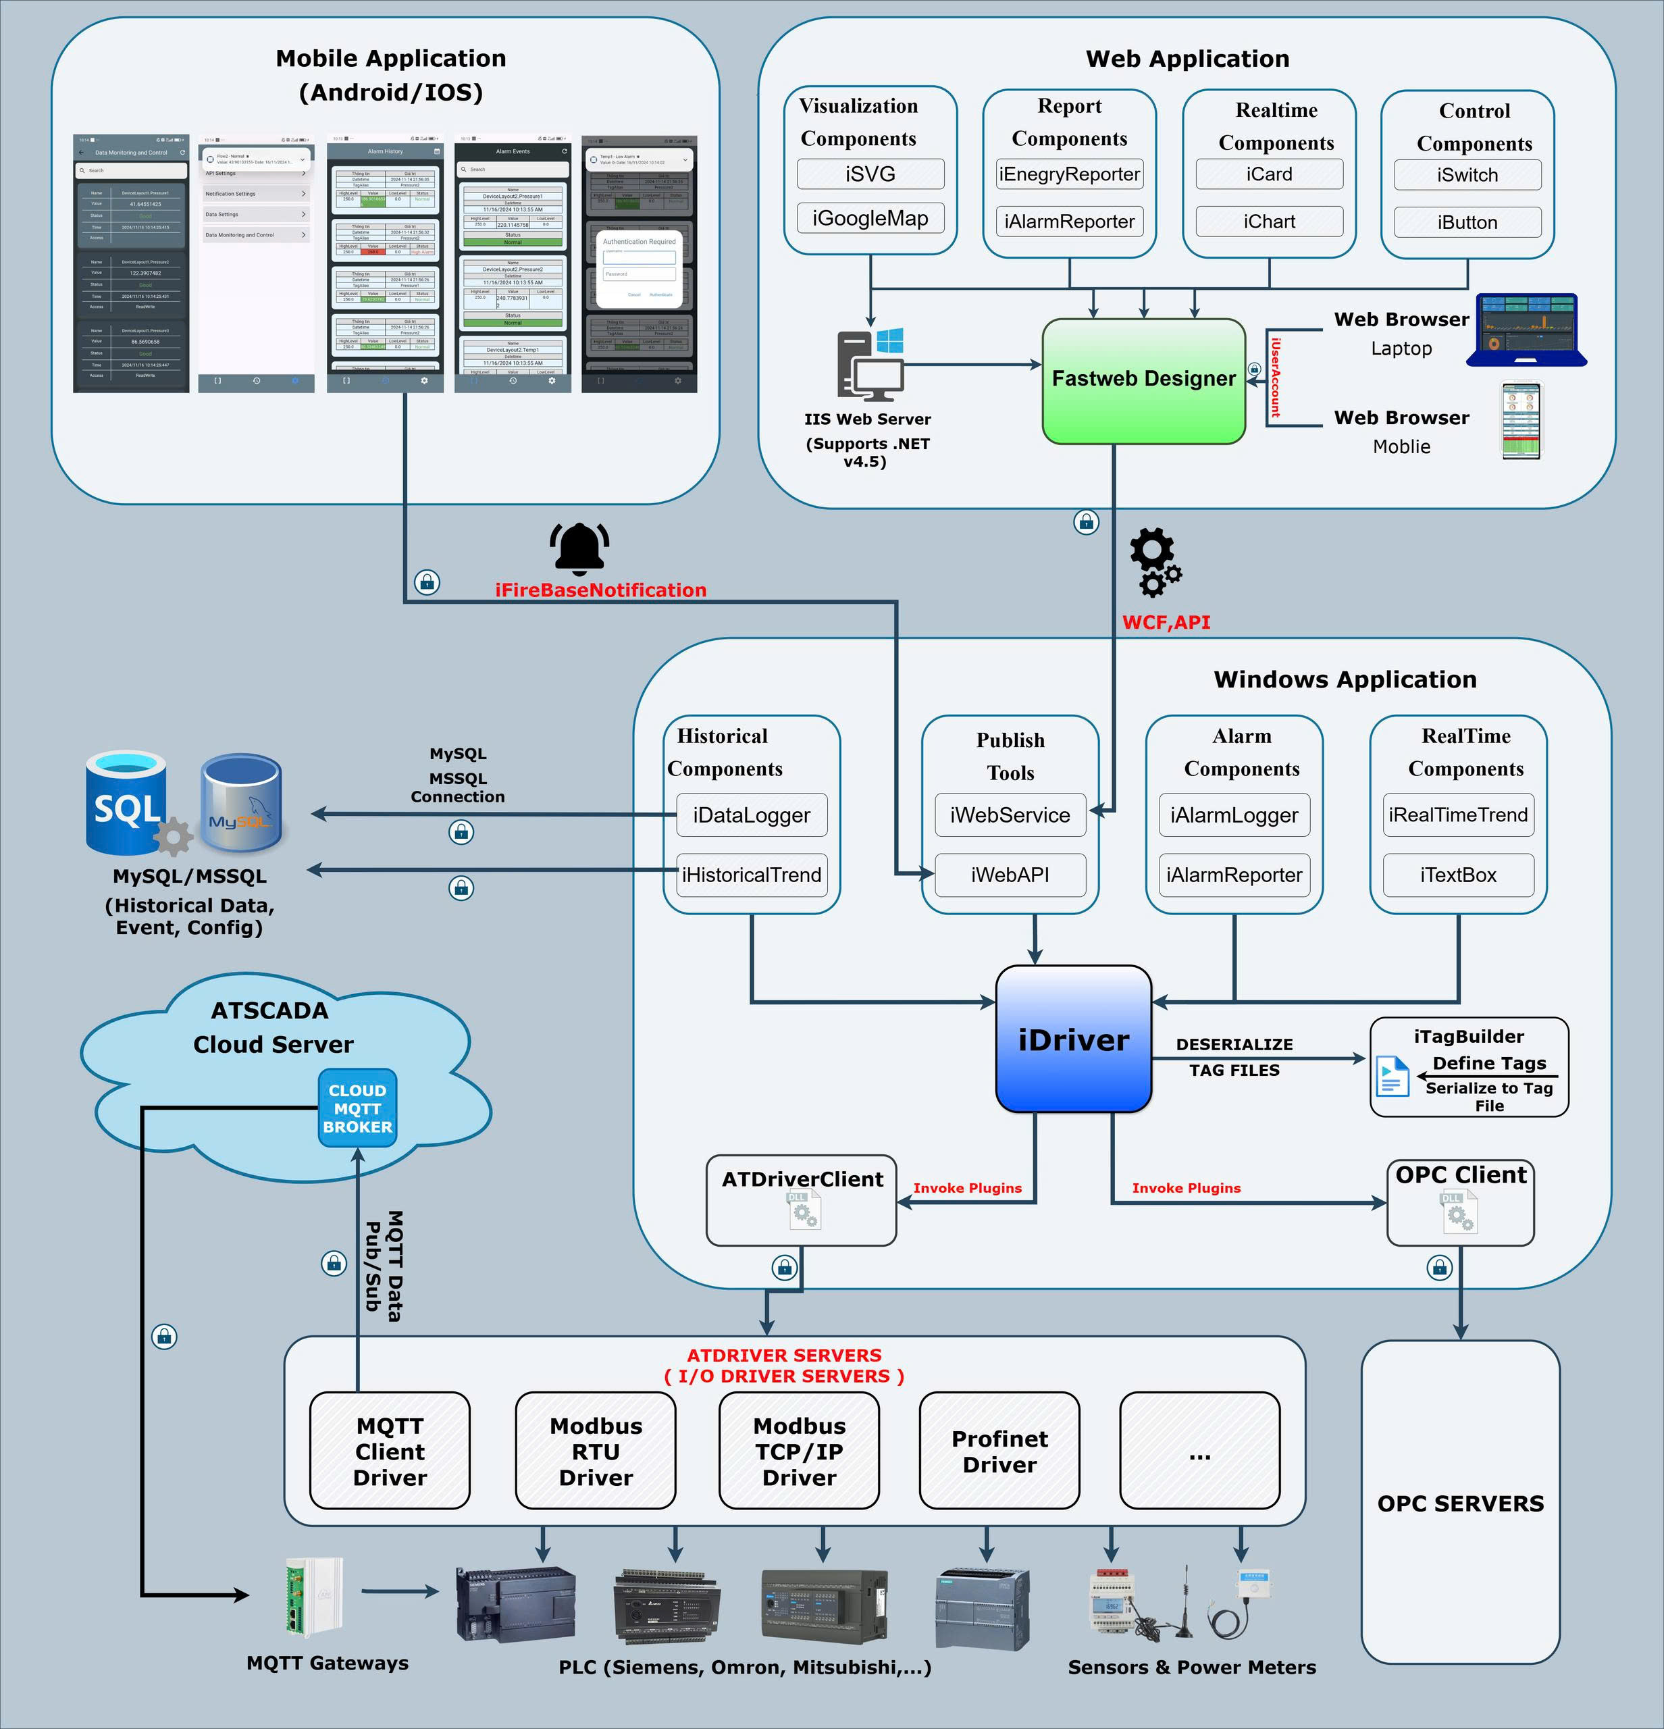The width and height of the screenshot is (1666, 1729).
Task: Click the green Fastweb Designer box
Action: [1144, 380]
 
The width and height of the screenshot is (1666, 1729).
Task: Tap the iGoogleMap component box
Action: [870, 218]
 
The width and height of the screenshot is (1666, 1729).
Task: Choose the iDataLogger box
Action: [752, 815]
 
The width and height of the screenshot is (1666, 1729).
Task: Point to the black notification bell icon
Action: [579, 548]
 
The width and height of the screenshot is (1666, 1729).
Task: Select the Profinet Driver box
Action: [999, 1451]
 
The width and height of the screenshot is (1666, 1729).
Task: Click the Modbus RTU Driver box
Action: [596, 1451]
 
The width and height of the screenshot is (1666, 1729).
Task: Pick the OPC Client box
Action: [1461, 1202]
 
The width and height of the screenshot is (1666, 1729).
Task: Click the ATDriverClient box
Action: [802, 1199]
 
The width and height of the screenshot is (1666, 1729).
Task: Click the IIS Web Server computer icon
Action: [870, 364]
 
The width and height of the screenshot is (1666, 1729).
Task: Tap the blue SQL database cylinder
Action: [127, 803]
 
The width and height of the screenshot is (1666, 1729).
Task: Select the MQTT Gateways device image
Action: [313, 1597]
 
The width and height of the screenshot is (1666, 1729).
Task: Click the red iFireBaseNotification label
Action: [600, 590]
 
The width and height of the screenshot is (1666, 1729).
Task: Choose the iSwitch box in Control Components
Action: [1467, 175]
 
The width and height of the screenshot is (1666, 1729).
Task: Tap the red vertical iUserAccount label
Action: [1275, 378]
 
